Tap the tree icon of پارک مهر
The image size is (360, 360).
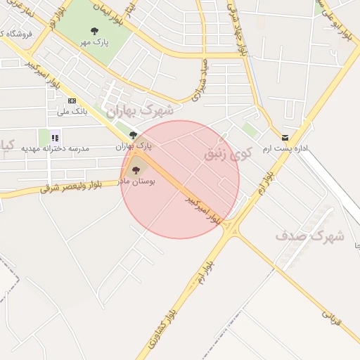click(95, 31)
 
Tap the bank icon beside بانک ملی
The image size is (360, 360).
click(72, 101)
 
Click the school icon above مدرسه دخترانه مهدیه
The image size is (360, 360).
click(55, 137)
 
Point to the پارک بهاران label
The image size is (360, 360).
click(134, 146)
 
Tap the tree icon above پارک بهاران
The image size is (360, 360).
click(133, 135)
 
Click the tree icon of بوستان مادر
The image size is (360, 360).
click(136, 169)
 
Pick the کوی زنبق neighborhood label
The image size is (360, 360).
click(226, 154)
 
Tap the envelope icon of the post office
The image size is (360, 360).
click(285, 138)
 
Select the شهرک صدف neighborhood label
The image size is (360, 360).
click(309, 236)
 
